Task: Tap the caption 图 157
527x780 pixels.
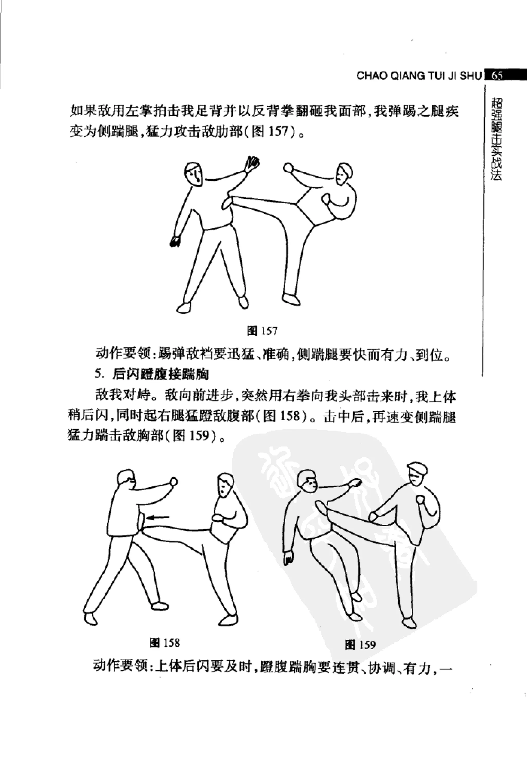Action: [x=262, y=331]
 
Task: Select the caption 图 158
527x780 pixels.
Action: [x=165, y=643]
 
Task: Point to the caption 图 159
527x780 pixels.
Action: [x=360, y=645]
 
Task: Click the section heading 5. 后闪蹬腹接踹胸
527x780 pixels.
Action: [x=152, y=374]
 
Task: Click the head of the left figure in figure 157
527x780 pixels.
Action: [x=194, y=174]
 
